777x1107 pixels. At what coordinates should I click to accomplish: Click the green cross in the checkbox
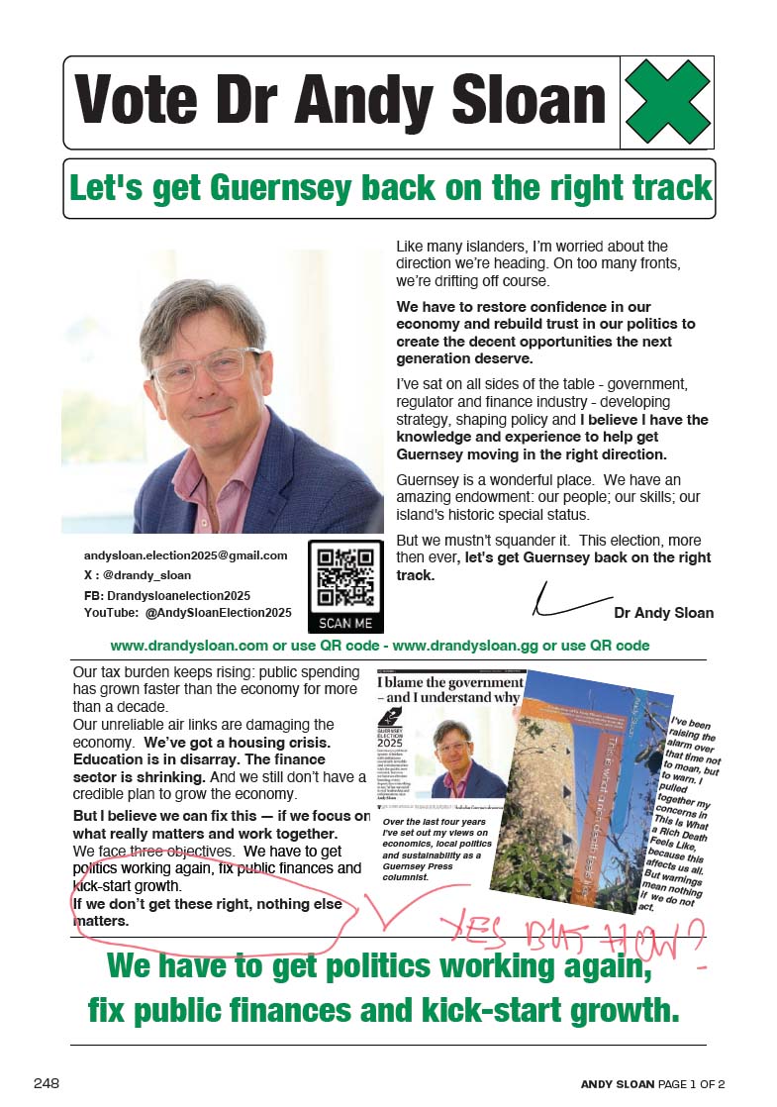pos(668,102)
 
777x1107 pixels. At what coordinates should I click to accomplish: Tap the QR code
pos(345,576)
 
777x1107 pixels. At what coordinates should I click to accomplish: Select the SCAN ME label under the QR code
pos(345,624)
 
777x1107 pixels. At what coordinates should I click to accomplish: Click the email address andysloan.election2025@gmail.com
pos(185,555)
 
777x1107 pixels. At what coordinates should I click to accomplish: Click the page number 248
pos(47,1083)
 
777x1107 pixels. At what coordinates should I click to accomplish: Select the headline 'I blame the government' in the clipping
pos(450,682)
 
